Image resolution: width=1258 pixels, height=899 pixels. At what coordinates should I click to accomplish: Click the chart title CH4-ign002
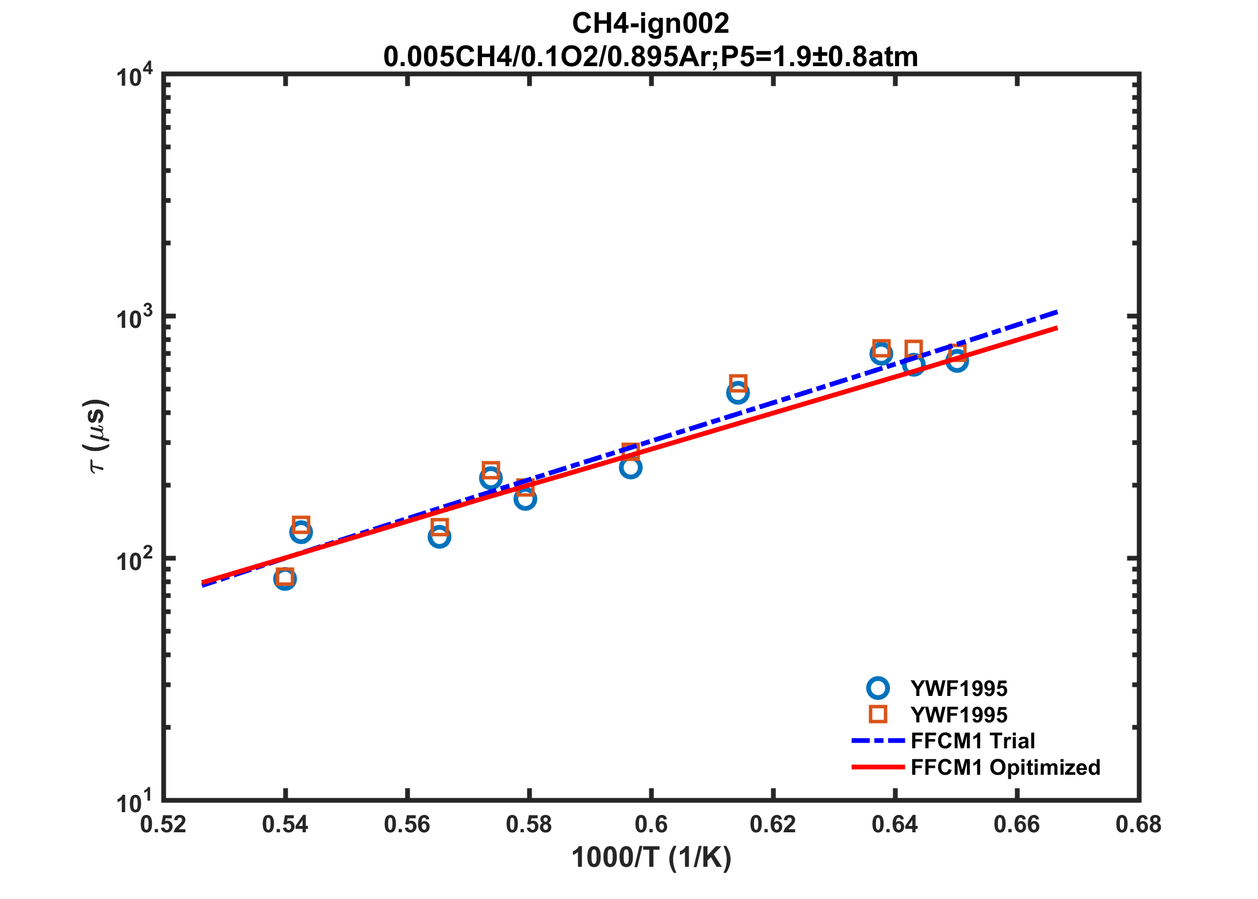650,24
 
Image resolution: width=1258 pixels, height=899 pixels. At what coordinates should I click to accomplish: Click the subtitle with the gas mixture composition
650,57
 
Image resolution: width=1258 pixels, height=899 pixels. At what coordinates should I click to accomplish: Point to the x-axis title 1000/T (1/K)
651,858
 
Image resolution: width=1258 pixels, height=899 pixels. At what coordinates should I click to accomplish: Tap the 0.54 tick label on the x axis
285,825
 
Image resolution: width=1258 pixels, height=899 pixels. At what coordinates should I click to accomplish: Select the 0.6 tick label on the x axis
651,825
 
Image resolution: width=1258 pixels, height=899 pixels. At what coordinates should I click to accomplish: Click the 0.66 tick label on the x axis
1017,825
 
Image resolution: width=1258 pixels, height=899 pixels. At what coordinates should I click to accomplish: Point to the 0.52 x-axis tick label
163,825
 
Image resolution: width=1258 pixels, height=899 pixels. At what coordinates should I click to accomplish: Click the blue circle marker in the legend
878,688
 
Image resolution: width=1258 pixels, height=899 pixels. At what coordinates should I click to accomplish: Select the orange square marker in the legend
878,714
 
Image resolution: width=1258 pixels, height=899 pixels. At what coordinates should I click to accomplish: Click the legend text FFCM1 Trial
973,741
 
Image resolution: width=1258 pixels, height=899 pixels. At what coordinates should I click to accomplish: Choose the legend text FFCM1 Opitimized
1005,767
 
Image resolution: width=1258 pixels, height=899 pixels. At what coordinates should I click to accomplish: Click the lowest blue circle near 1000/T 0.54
285,579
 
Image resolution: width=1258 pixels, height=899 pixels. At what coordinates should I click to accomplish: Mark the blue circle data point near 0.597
630,467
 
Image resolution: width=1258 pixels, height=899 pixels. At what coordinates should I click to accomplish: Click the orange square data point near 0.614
738,383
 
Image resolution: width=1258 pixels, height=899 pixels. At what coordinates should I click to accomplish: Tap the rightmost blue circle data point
957,361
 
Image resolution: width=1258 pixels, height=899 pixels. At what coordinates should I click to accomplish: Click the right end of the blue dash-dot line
1057,312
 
